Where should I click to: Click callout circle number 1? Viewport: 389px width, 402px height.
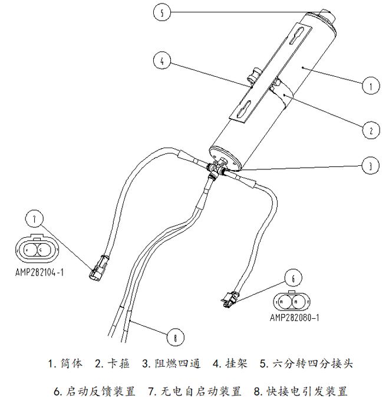[370, 86]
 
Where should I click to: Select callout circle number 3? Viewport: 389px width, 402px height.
[370, 167]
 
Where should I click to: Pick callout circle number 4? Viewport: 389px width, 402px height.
[161, 60]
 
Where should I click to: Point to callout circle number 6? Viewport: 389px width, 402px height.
[294, 277]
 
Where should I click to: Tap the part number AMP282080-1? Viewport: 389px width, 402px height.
[294, 317]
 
